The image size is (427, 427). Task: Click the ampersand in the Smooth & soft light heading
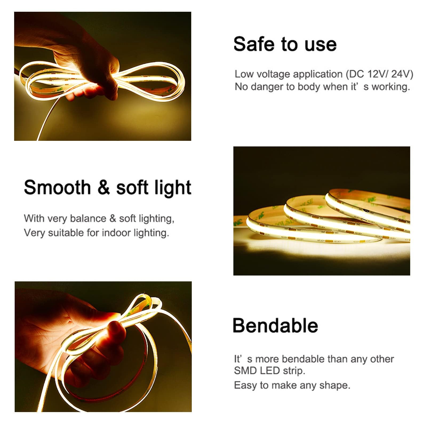103,187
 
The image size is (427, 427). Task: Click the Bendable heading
275,325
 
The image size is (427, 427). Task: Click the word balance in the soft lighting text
88,218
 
